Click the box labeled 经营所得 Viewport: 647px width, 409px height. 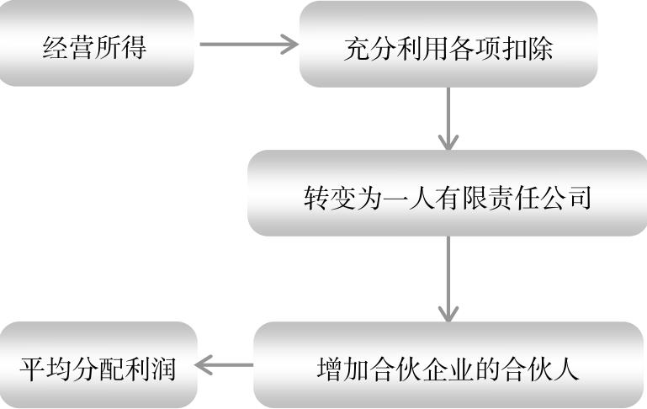pos(96,44)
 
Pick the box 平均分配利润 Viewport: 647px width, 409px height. pos(98,365)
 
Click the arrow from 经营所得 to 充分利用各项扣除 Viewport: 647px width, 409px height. pos(249,44)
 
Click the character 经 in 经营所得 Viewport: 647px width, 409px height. pos(56,46)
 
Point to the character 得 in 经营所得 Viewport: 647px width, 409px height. pos(134,46)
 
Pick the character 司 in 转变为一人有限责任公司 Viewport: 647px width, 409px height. pos(579,198)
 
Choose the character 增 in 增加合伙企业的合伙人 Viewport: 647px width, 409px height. pos(331,369)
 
